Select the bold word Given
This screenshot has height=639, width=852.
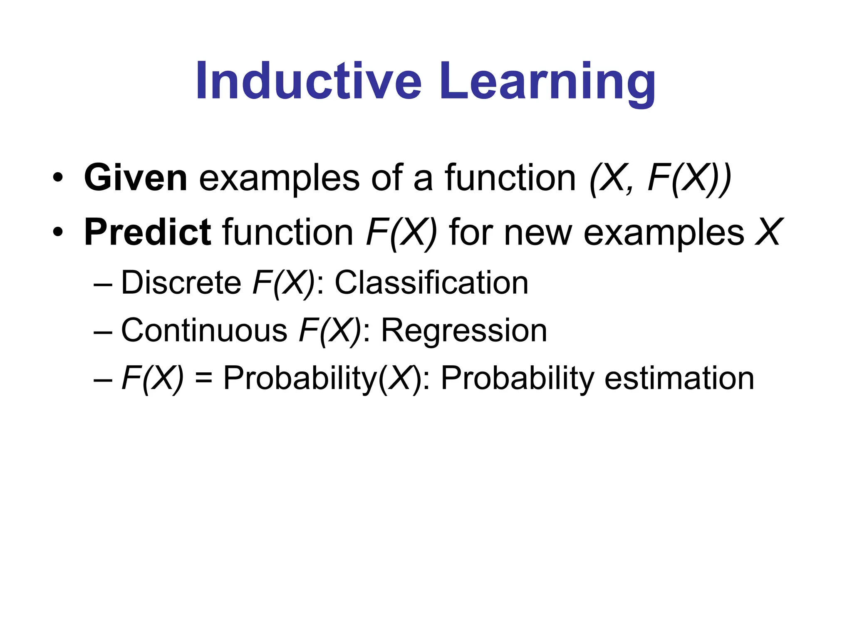[x=136, y=178]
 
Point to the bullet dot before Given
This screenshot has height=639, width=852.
[x=58, y=178]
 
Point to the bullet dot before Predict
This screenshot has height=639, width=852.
[x=58, y=233]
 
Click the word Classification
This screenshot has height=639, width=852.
[x=431, y=283]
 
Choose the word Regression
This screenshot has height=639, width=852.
[x=464, y=331]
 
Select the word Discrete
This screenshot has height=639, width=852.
[x=181, y=283]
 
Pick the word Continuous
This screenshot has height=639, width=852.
[x=204, y=331]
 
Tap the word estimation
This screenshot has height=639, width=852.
[x=679, y=378]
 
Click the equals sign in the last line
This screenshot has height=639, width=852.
[x=203, y=379]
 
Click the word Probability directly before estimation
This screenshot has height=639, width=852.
[x=518, y=378]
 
